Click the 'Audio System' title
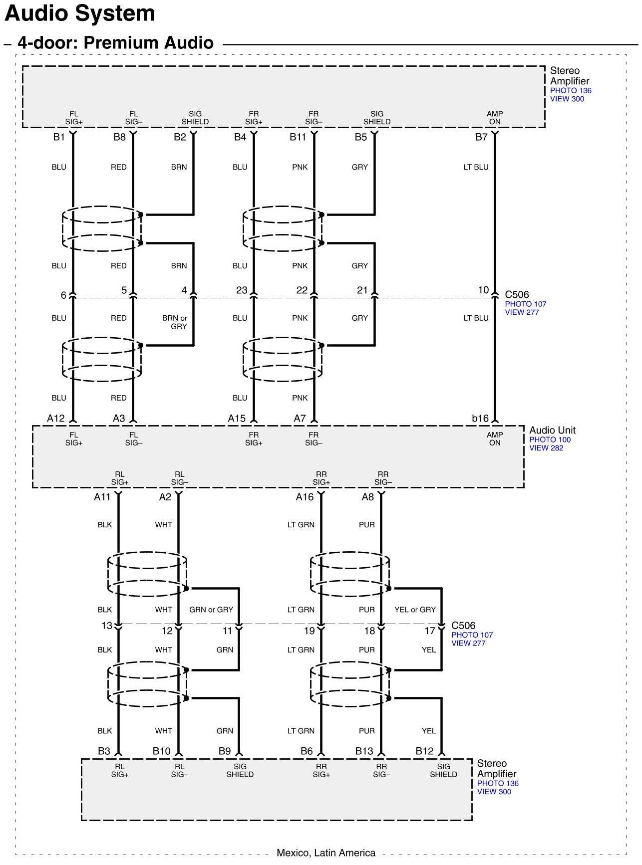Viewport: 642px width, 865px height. click(x=80, y=13)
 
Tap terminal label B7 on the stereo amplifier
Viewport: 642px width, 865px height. click(x=481, y=137)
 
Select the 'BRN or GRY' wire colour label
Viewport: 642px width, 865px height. click(x=175, y=322)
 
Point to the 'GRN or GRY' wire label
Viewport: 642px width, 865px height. click(x=211, y=610)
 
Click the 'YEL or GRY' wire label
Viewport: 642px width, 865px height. click(x=415, y=610)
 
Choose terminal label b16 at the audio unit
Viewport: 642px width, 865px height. click(x=480, y=419)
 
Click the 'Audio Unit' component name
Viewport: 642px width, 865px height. click(x=552, y=430)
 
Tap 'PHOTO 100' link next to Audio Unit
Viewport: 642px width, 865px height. click(x=550, y=439)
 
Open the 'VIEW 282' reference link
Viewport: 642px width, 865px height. click(x=546, y=448)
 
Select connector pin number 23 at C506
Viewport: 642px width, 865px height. click(x=242, y=290)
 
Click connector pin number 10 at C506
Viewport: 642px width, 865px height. click(x=483, y=290)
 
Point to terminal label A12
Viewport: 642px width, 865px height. click(x=56, y=419)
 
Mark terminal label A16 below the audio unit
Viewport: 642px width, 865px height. click(x=305, y=497)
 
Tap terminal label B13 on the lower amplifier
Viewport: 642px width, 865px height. click(x=364, y=751)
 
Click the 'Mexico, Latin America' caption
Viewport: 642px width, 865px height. click(x=326, y=853)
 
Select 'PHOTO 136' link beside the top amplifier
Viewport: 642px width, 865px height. click(x=571, y=91)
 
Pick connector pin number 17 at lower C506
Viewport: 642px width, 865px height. click(x=430, y=631)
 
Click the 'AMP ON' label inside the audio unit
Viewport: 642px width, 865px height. click(x=495, y=439)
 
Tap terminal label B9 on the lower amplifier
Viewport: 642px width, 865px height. click(x=225, y=751)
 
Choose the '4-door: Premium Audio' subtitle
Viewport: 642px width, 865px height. click(x=115, y=43)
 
